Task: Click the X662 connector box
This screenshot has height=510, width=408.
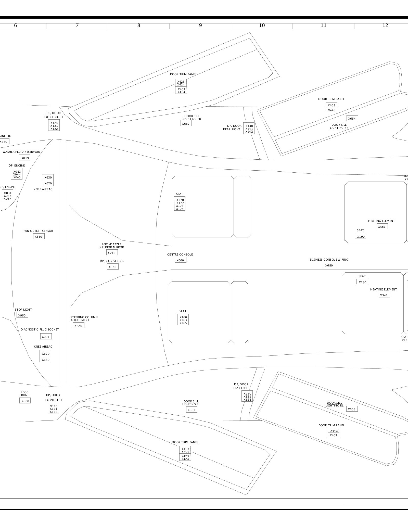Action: pos(186,123)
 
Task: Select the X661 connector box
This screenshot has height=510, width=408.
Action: pos(192,410)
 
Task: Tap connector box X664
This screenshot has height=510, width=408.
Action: pos(352,118)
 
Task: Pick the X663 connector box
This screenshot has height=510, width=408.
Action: pos(352,409)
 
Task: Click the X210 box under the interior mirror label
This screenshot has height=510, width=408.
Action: pos(112,253)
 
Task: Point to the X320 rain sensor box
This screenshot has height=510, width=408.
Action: pos(113,267)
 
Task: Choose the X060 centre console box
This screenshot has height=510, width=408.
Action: pos(181,260)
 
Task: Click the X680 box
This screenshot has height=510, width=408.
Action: pos(329,265)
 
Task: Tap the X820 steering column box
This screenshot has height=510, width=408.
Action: pos(79,326)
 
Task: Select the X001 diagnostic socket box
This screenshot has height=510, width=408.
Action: pos(46,337)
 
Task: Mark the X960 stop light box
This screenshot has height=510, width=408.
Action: pos(22,315)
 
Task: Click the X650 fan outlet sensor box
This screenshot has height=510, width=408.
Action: pos(39,236)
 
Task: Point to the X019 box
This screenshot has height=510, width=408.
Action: pos(25,158)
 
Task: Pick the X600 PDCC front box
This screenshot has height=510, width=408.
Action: pos(25,401)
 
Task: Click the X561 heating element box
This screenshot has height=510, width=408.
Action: pos(382,226)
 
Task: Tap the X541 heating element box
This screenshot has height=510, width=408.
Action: pos(384,295)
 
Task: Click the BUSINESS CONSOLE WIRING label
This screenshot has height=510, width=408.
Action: pos(329,260)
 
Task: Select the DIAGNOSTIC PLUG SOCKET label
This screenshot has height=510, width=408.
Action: pos(40,329)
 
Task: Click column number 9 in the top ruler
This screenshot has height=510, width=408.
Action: pos(200,25)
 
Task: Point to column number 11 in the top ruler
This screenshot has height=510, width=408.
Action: pos(324,25)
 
